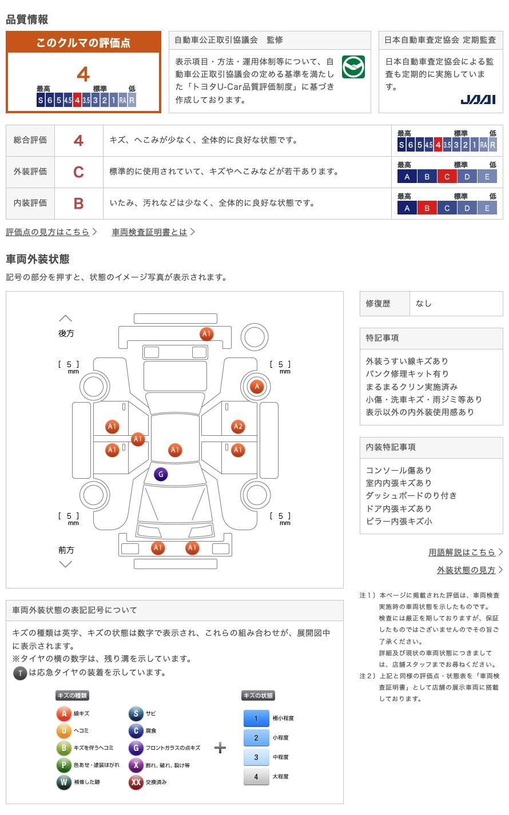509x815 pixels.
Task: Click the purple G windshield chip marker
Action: [x=161, y=474]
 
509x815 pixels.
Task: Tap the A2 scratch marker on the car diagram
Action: [x=238, y=426]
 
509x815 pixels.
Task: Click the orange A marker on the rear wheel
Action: [x=257, y=387]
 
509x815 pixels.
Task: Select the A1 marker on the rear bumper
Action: [x=206, y=334]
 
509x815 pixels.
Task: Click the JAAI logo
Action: [x=478, y=100]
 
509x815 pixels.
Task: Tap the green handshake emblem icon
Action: [x=353, y=67]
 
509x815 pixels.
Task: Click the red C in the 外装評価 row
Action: [x=78, y=172]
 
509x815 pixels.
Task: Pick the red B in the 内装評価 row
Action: [x=78, y=203]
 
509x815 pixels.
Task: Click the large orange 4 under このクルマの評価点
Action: [x=83, y=74]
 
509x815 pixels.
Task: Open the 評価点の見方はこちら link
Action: [x=48, y=232]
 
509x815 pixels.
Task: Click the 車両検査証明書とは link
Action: [x=150, y=232]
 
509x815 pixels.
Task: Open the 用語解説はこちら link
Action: [x=462, y=552]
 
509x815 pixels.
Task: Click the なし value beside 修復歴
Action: [x=424, y=304]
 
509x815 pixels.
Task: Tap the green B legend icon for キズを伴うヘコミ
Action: [x=63, y=748]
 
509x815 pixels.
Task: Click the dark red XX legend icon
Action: [x=136, y=782]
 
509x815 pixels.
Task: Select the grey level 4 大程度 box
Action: [x=256, y=777]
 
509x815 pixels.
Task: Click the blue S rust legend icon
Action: [x=136, y=713]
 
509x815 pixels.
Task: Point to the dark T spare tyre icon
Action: [x=20, y=673]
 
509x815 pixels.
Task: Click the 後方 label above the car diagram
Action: [x=66, y=333]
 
